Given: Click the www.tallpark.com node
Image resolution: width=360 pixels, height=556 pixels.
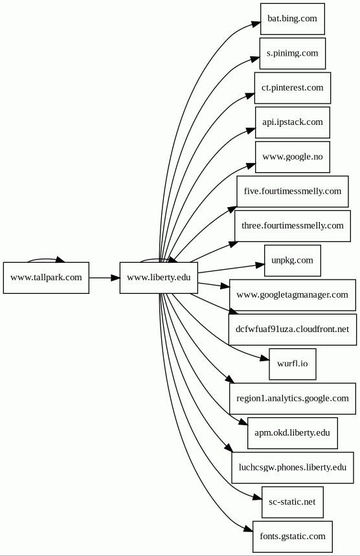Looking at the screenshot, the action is pyautogui.click(x=46, y=278).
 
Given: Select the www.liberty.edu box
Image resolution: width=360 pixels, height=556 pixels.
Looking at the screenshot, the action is pyautogui.click(x=159, y=278).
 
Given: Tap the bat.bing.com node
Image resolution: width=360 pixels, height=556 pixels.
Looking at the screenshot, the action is pyautogui.click(x=292, y=19).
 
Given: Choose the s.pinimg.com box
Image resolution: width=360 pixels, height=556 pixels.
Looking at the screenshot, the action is pyautogui.click(x=292, y=53).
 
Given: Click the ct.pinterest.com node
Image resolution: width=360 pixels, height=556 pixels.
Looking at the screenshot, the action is pyautogui.click(x=292, y=88).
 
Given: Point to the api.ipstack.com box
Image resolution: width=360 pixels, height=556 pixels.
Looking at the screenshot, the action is pyautogui.click(x=292, y=122).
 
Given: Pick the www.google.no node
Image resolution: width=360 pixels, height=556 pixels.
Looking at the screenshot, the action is pyautogui.click(x=292, y=157).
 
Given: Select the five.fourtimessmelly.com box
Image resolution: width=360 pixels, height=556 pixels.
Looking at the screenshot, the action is pyautogui.click(x=292, y=192).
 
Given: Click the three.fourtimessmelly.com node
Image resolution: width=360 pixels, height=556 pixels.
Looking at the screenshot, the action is pyautogui.click(x=292, y=226).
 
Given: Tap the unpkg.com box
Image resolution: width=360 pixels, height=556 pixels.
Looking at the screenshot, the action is pyautogui.click(x=292, y=261).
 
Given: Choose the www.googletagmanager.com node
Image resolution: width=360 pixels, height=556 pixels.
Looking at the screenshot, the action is pyautogui.click(x=292, y=295).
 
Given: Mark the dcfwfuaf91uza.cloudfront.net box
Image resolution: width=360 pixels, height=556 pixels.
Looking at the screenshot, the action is pyautogui.click(x=292, y=329).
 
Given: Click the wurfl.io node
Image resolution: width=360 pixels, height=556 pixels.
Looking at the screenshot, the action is pyautogui.click(x=292, y=364).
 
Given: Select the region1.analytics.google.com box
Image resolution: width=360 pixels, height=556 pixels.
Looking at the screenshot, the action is pyautogui.click(x=292, y=399).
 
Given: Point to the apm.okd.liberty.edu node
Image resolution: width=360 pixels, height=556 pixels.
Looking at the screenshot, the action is pyautogui.click(x=292, y=433).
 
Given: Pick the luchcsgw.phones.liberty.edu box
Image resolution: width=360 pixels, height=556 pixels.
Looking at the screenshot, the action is pyautogui.click(x=292, y=468).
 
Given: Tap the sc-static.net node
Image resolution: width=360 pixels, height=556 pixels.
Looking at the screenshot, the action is pyautogui.click(x=292, y=502).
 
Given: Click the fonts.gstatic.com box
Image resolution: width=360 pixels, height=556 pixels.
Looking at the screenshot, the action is pyautogui.click(x=292, y=537).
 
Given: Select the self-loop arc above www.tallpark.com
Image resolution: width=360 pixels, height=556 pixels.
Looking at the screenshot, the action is pyautogui.click(x=46, y=259).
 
